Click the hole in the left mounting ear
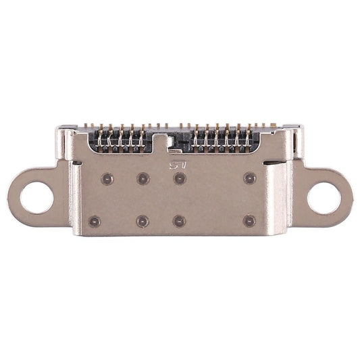point(36,198)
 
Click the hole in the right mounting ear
point(324,198)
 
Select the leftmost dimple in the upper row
point(107,179)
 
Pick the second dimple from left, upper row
point(143,179)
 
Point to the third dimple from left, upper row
point(180,178)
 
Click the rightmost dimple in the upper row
point(250,178)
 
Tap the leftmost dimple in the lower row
point(94,221)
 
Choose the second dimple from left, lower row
point(143,221)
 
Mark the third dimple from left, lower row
point(179,221)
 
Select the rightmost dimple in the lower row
point(250,221)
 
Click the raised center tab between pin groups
point(160,141)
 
